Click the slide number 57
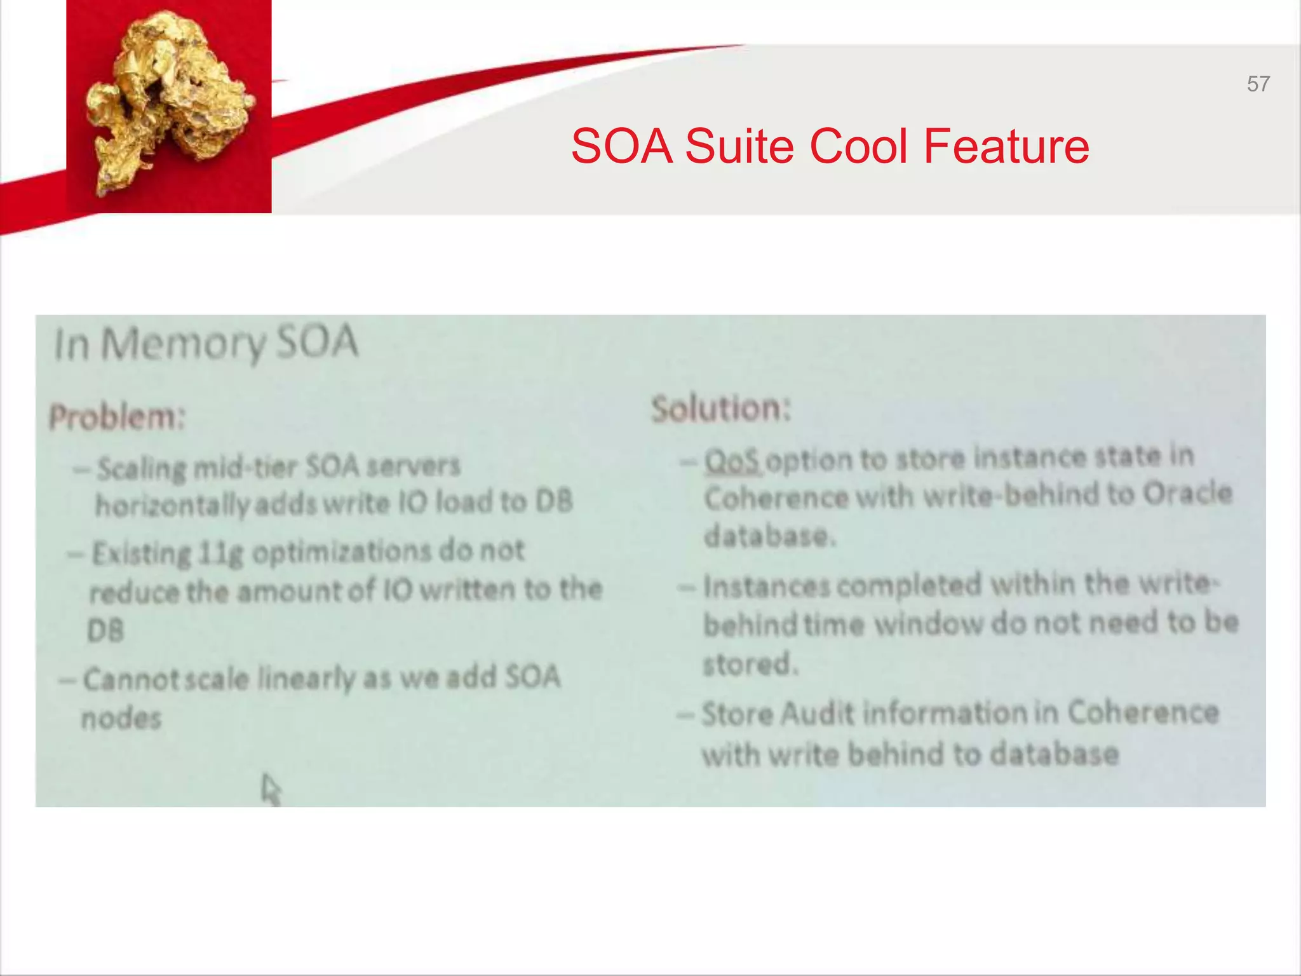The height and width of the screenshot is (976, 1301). pyautogui.click(x=1258, y=84)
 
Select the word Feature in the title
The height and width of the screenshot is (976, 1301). pyautogui.click(x=1006, y=146)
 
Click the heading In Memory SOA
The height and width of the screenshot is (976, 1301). pyautogui.click(x=206, y=344)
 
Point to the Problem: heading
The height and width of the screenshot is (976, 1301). pyautogui.click(x=117, y=417)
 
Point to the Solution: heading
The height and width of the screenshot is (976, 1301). pyautogui.click(x=722, y=408)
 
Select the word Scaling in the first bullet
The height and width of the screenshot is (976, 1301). pyautogui.click(x=141, y=469)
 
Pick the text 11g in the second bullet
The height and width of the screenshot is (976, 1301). pyautogui.click(x=220, y=553)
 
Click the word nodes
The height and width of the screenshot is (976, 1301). pyautogui.click(x=121, y=719)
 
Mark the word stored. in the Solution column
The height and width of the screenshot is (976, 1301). pyautogui.click(x=750, y=664)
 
